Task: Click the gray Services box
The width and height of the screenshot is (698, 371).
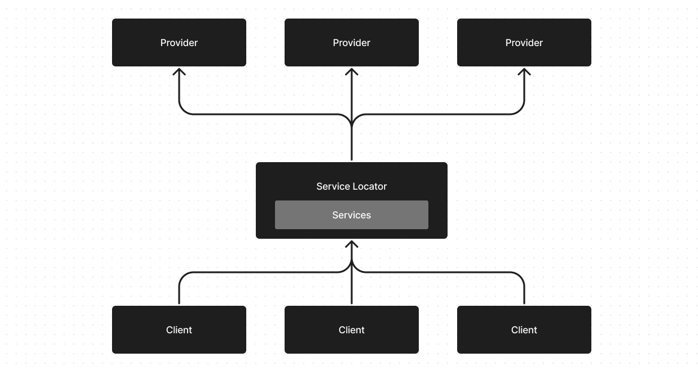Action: pyautogui.click(x=351, y=215)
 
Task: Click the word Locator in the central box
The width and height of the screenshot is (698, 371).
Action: pyautogui.click(x=369, y=186)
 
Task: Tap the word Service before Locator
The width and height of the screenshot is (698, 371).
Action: pyautogui.click(x=333, y=186)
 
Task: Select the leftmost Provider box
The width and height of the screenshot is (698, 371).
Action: pyautogui.click(x=179, y=42)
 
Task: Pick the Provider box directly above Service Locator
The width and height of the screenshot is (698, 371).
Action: pyautogui.click(x=351, y=42)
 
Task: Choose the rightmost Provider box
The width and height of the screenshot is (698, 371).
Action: pyautogui.click(x=524, y=42)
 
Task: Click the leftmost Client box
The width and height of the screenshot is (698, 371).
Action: pyautogui.click(x=179, y=330)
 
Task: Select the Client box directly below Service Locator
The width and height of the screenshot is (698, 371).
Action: pyautogui.click(x=351, y=330)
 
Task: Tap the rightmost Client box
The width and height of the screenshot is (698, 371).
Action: pyautogui.click(x=524, y=330)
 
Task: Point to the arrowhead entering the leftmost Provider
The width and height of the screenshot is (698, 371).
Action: pyautogui.click(x=179, y=71)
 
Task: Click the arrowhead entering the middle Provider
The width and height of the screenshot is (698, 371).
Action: pyautogui.click(x=352, y=71)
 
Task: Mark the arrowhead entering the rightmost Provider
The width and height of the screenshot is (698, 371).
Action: pyautogui.click(x=524, y=71)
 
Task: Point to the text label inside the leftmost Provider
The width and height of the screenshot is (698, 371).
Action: pyautogui.click(x=179, y=42)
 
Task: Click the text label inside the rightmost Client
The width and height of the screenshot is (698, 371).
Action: pyautogui.click(x=524, y=330)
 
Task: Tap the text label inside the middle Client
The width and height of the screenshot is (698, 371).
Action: pyautogui.click(x=351, y=330)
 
